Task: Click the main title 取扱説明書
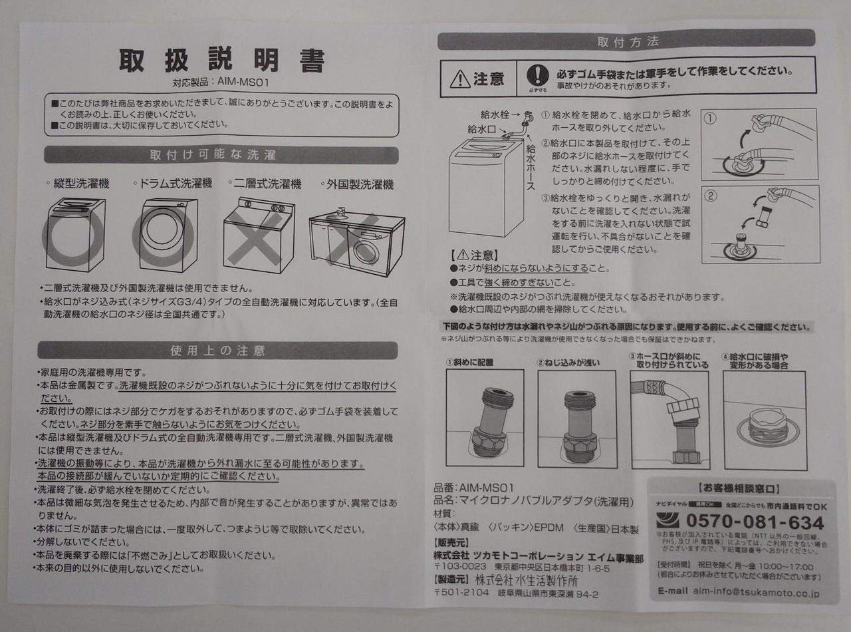[221, 61]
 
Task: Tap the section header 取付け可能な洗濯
[222, 155]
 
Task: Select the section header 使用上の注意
[218, 350]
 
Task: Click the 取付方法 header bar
[628, 41]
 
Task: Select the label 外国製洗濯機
[358, 184]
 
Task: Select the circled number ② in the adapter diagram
[711, 196]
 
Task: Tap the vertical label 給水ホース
[531, 163]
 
